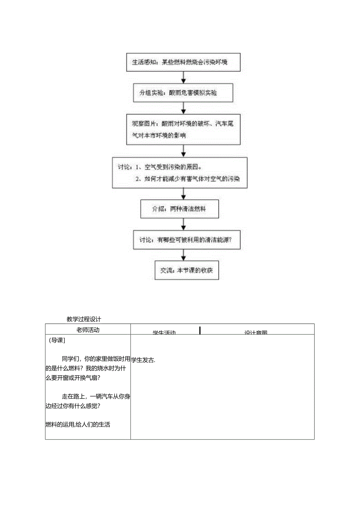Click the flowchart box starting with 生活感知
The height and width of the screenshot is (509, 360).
(183, 63)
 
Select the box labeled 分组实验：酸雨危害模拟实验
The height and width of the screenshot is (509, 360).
(183, 93)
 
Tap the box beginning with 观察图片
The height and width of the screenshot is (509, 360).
(183, 129)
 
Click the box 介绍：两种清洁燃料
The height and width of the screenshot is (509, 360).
(180, 209)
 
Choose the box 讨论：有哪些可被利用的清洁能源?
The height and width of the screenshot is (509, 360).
(187, 241)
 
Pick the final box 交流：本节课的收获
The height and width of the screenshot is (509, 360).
(187, 270)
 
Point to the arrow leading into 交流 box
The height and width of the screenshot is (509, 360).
(183, 255)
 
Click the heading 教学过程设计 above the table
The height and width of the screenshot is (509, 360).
(84, 319)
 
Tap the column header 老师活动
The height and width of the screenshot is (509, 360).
(88, 330)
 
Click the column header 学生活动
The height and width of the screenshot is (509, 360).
(164, 333)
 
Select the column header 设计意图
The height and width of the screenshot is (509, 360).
(256, 333)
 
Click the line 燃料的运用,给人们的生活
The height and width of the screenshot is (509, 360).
(78, 424)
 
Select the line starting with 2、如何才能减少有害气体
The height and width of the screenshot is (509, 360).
(187, 179)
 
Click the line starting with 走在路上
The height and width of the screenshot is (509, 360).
(96, 396)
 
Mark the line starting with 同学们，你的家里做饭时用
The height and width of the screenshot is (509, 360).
(96, 359)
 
